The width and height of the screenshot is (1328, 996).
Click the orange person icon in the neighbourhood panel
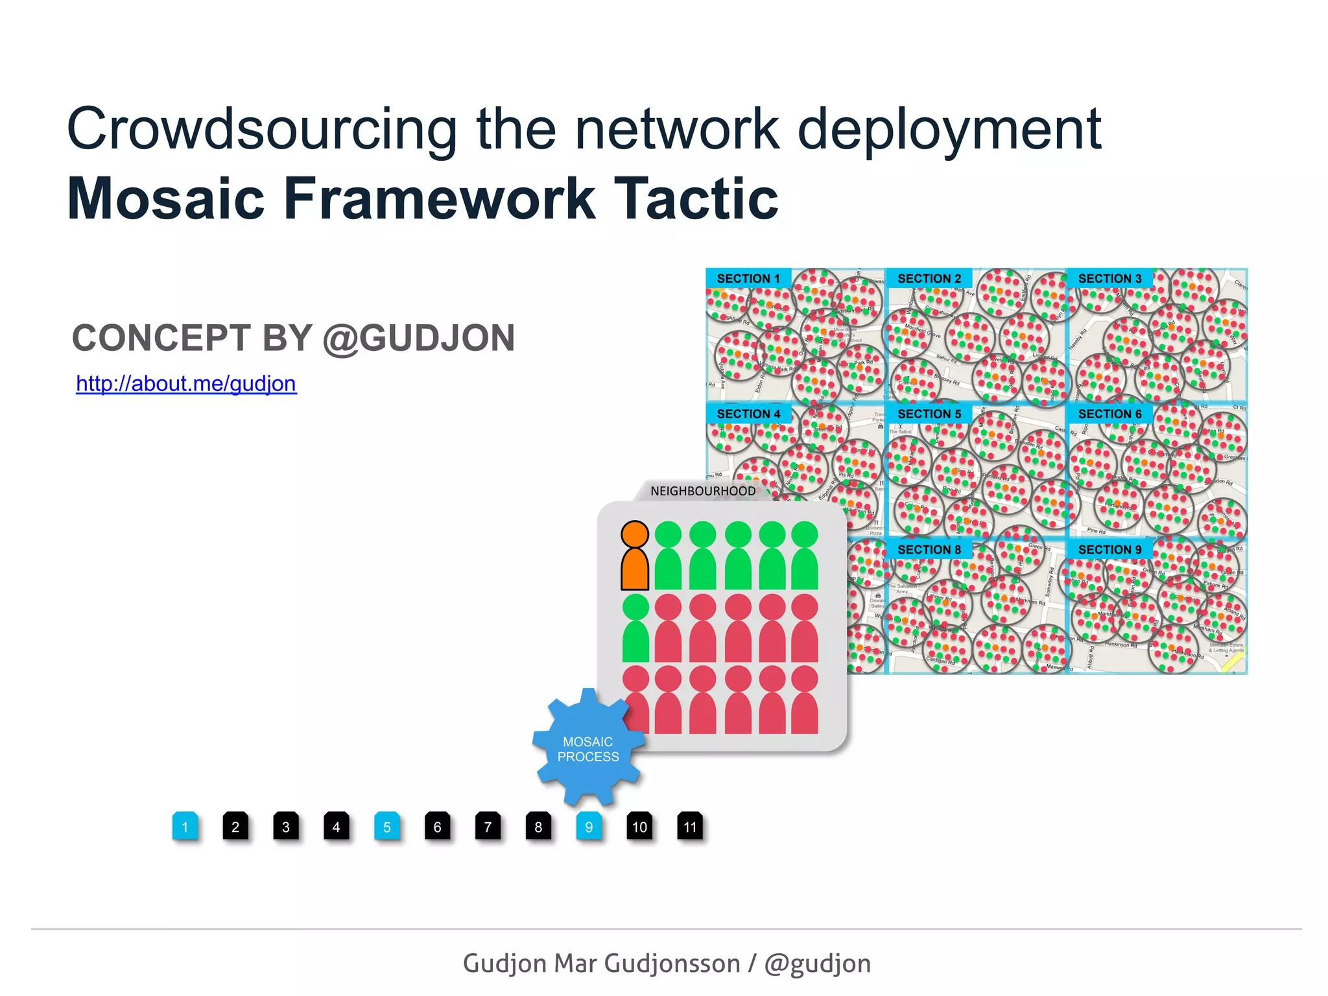tap(635, 556)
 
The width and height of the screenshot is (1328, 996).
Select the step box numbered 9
tap(589, 827)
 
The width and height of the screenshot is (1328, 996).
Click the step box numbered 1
tap(185, 827)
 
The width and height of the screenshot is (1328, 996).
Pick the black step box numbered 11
tap(690, 827)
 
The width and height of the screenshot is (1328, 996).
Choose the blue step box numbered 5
tap(387, 827)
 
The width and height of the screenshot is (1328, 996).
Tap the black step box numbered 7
tap(488, 827)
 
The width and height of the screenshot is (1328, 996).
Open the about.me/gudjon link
tap(186, 383)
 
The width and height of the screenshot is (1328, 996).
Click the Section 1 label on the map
tap(748, 278)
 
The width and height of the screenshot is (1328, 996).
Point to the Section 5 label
tap(929, 414)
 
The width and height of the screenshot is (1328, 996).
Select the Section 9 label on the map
tap(1109, 549)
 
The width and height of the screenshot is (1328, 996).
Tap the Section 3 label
tap(1109, 278)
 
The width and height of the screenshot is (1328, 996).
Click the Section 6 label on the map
tap(1109, 414)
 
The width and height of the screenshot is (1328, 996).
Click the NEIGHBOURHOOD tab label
tap(703, 491)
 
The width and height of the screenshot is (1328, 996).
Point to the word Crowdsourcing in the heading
tap(262, 130)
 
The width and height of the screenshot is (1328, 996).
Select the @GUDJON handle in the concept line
tap(419, 338)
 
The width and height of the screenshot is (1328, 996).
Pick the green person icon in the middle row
tap(635, 628)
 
